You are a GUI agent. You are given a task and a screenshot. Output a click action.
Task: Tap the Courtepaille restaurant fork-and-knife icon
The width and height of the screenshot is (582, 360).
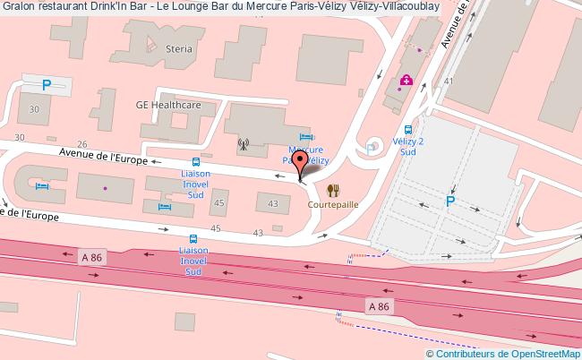click(x=333, y=190)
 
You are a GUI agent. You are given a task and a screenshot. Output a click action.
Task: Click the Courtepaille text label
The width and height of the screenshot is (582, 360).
click(x=333, y=203)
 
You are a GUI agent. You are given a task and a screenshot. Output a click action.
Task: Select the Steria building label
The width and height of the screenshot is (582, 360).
click(x=178, y=48)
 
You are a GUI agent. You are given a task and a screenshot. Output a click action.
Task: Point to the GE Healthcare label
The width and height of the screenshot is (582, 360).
click(x=167, y=103)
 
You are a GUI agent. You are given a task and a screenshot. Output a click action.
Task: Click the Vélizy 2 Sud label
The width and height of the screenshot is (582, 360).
click(x=408, y=147)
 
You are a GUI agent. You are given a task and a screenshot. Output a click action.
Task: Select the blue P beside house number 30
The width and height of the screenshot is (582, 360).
click(x=47, y=86)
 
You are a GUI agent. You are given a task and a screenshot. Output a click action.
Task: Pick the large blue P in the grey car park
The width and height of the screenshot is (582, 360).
click(x=450, y=201)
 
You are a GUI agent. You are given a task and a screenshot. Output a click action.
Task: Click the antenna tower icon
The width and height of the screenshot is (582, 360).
click(x=242, y=142)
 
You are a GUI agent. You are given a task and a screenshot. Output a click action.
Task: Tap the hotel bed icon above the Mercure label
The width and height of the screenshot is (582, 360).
click(x=305, y=136)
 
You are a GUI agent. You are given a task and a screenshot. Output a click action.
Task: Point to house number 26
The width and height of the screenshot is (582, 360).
click(x=81, y=143)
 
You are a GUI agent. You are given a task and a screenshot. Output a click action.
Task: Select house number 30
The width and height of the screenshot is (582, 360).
click(x=35, y=108)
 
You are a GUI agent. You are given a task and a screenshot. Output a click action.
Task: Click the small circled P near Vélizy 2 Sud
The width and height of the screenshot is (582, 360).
click(x=372, y=150)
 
